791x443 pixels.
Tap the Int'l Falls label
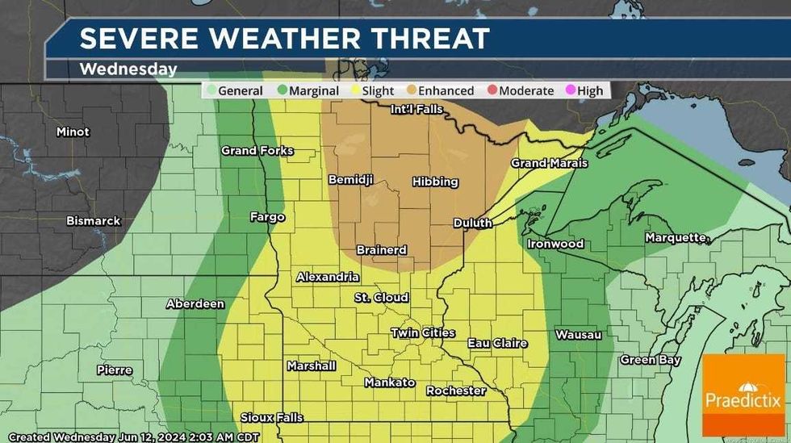pyautogui.click(x=417, y=109)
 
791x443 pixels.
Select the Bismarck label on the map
pyautogui.click(x=94, y=220)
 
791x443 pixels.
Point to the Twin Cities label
pyautogui.click(x=423, y=332)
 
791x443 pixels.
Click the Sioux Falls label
pyautogui.click(x=272, y=417)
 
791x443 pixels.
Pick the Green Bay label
pyautogui.click(x=651, y=360)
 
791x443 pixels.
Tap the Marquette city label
pyautogui.click(x=676, y=237)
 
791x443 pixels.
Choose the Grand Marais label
pyautogui.click(x=549, y=163)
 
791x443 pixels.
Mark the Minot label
pyautogui.click(x=73, y=132)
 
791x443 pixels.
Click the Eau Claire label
pyautogui.click(x=497, y=343)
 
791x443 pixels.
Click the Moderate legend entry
pyautogui.click(x=521, y=90)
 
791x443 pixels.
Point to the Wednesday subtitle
pyautogui.click(x=128, y=69)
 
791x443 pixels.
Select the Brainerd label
pyautogui.click(x=383, y=250)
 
